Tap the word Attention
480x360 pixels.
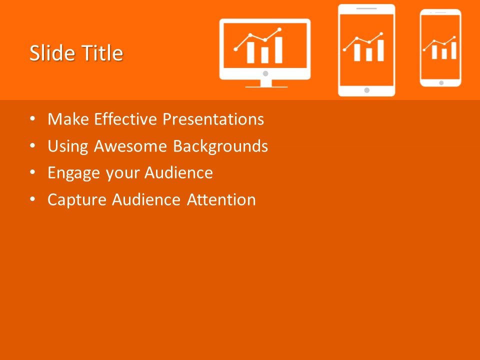221,200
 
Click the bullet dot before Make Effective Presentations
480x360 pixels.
32,119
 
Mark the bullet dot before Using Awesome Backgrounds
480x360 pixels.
32,146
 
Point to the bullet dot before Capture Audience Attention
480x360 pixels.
32,199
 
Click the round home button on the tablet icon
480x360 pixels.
366,90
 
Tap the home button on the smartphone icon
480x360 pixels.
440,82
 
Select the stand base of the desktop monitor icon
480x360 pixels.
266,86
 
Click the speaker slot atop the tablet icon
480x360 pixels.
366,8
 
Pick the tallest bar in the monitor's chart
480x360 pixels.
278,50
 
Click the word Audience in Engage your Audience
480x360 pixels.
179,173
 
